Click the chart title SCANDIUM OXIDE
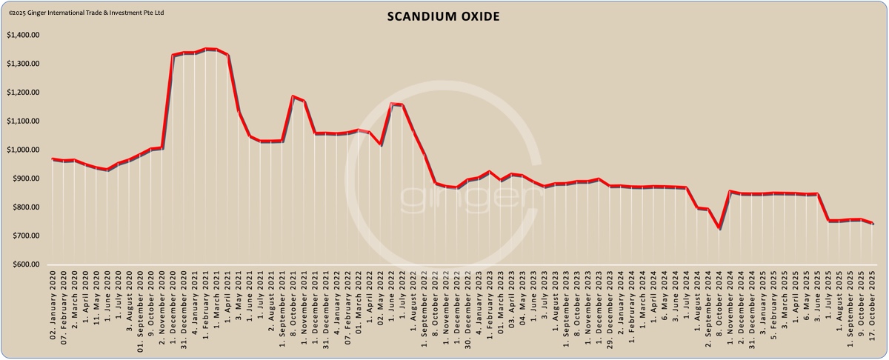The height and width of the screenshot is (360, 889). [x=444, y=17]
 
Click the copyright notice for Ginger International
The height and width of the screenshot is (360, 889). [x=86, y=13]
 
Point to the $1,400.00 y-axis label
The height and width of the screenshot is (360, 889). [x=22, y=35]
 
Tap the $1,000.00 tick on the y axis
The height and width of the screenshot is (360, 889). [x=22, y=150]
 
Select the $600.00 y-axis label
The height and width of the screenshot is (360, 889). [x=24, y=264]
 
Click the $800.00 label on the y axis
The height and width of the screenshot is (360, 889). [x=24, y=207]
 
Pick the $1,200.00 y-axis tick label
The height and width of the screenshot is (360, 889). [x=22, y=93]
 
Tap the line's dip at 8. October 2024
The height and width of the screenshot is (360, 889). [x=719, y=228]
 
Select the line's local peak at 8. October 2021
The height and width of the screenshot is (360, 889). [x=293, y=96]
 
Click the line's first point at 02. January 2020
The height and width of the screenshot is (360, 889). [x=53, y=159]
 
